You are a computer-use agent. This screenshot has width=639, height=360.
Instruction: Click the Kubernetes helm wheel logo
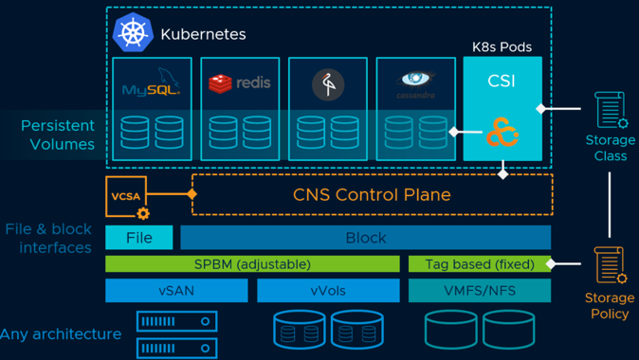[x=133, y=32]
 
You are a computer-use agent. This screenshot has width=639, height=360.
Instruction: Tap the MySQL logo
[x=152, y=81]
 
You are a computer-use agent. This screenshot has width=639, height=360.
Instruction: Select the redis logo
[x=240, y=83]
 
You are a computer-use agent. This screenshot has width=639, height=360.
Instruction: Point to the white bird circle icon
[x=328, y=84]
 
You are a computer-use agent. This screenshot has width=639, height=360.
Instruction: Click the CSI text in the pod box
[x=502, y=81]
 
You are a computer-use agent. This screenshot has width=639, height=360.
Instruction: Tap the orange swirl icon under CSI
[x=502, y=132]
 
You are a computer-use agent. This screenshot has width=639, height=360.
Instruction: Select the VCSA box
[x=126, y=197]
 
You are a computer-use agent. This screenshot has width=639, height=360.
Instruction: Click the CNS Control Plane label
[x=372, y=194]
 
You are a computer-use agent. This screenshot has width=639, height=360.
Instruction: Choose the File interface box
[x=139, y=238]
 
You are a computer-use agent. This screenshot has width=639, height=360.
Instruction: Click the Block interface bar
[x=366, y=238]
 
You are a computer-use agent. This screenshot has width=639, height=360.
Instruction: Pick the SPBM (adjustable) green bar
[x=252, y=264]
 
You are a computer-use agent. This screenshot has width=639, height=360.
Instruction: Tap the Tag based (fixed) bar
[x=480, y=264]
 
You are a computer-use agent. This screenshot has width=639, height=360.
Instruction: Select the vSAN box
[x=176, y=290]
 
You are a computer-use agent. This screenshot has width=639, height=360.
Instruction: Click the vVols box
[x=328, y=290]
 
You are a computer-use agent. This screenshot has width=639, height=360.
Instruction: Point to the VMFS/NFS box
[x=480, y=290]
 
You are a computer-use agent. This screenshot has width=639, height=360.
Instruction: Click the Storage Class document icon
[x=611, y=110]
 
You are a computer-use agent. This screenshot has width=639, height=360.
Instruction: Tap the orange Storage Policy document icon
[x=610, y=264]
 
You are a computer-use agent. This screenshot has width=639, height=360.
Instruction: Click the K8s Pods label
[x=502, y=47]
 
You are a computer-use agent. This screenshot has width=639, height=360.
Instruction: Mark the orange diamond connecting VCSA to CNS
[x=192, y=194]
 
